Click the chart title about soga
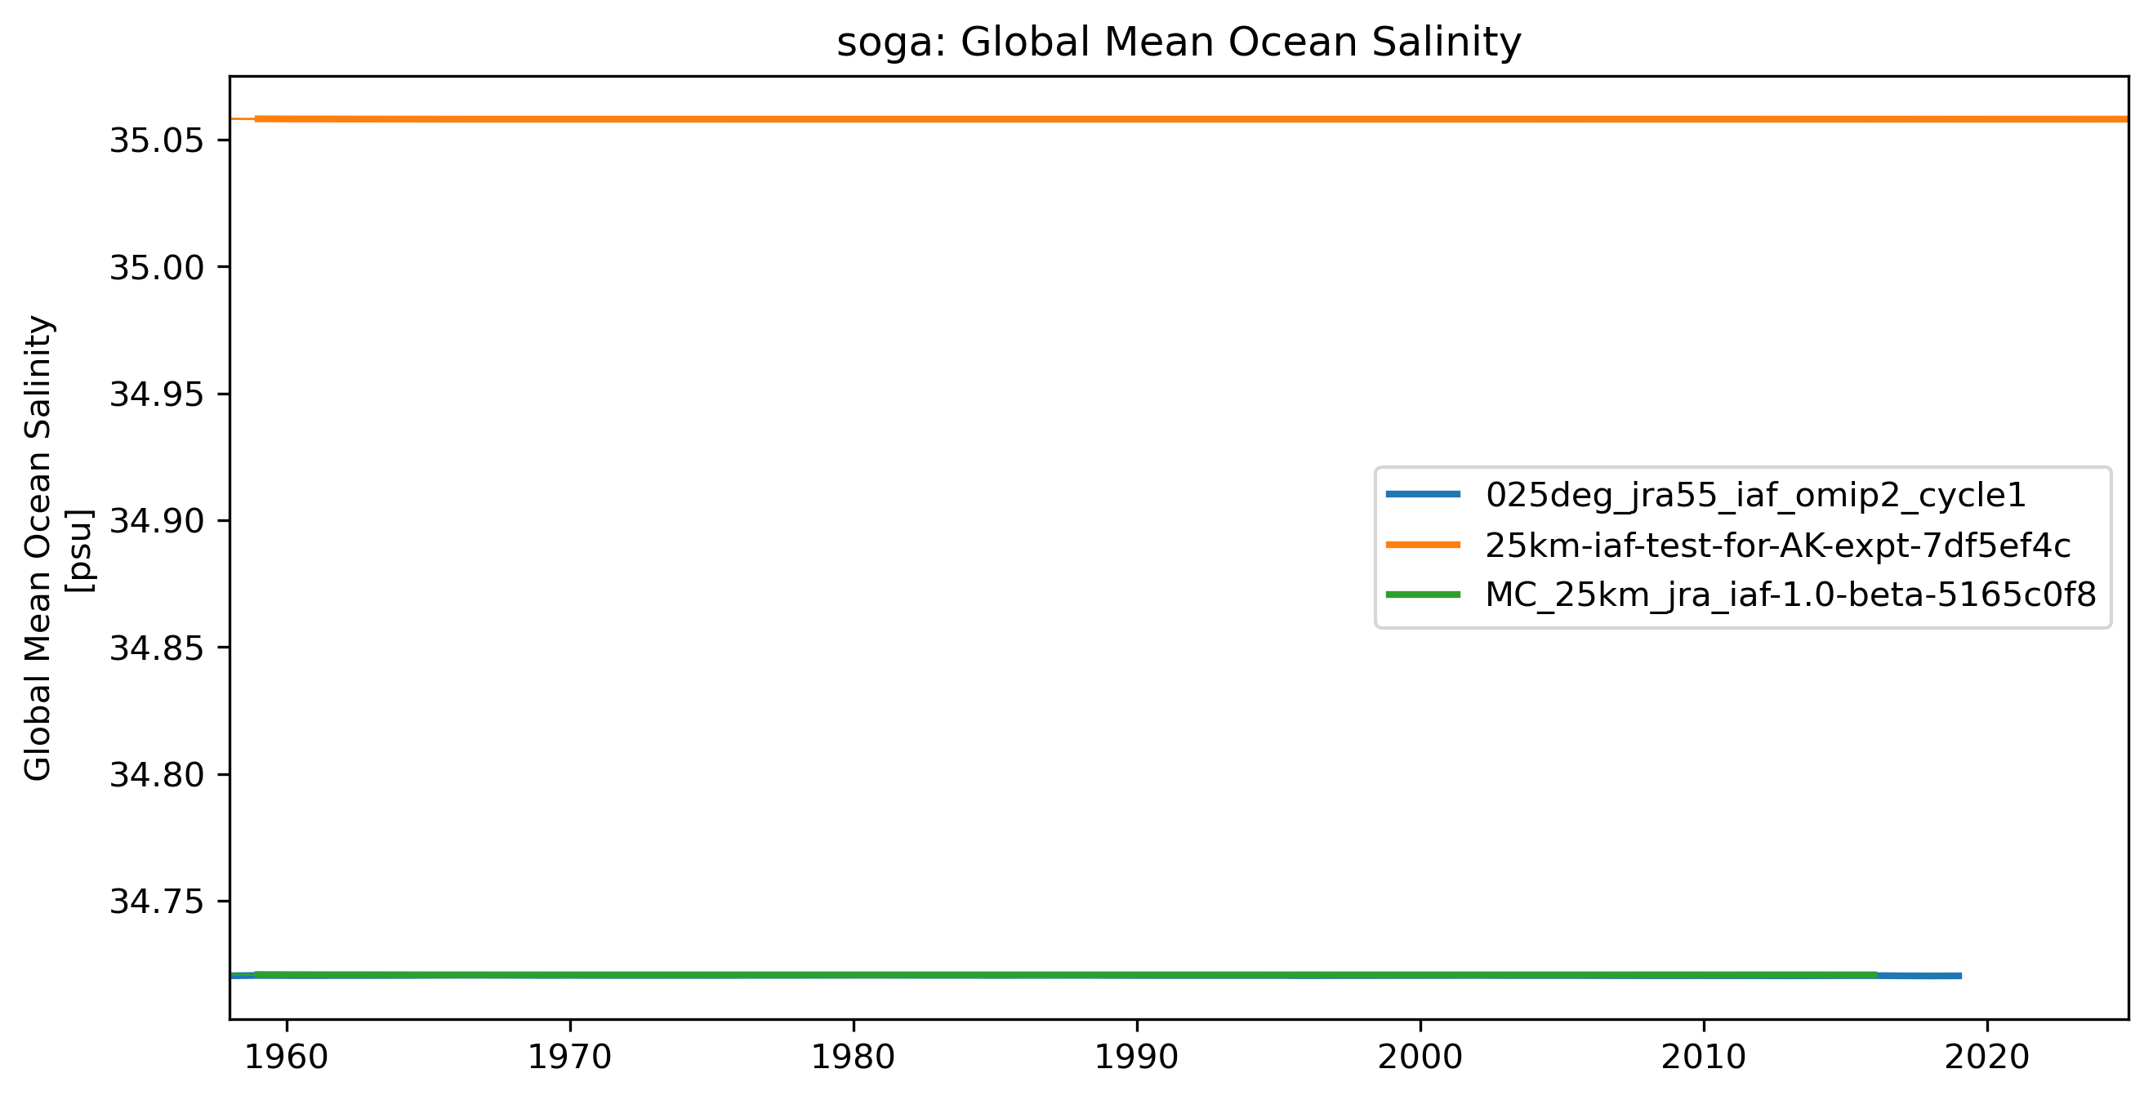(1179, 42)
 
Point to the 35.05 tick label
(157, 141)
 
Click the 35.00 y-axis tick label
(157, 269)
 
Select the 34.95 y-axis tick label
(157, 394)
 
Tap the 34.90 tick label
(157, 522)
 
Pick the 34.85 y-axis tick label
(157, 648)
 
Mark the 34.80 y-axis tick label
(157, 775)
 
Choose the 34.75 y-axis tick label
(157, 902)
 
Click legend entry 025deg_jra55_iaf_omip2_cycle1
(1755, 496)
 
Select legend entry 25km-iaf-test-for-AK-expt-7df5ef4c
(1778, 546)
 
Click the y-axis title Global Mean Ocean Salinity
(38, 547)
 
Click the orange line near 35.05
(1170, 118)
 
